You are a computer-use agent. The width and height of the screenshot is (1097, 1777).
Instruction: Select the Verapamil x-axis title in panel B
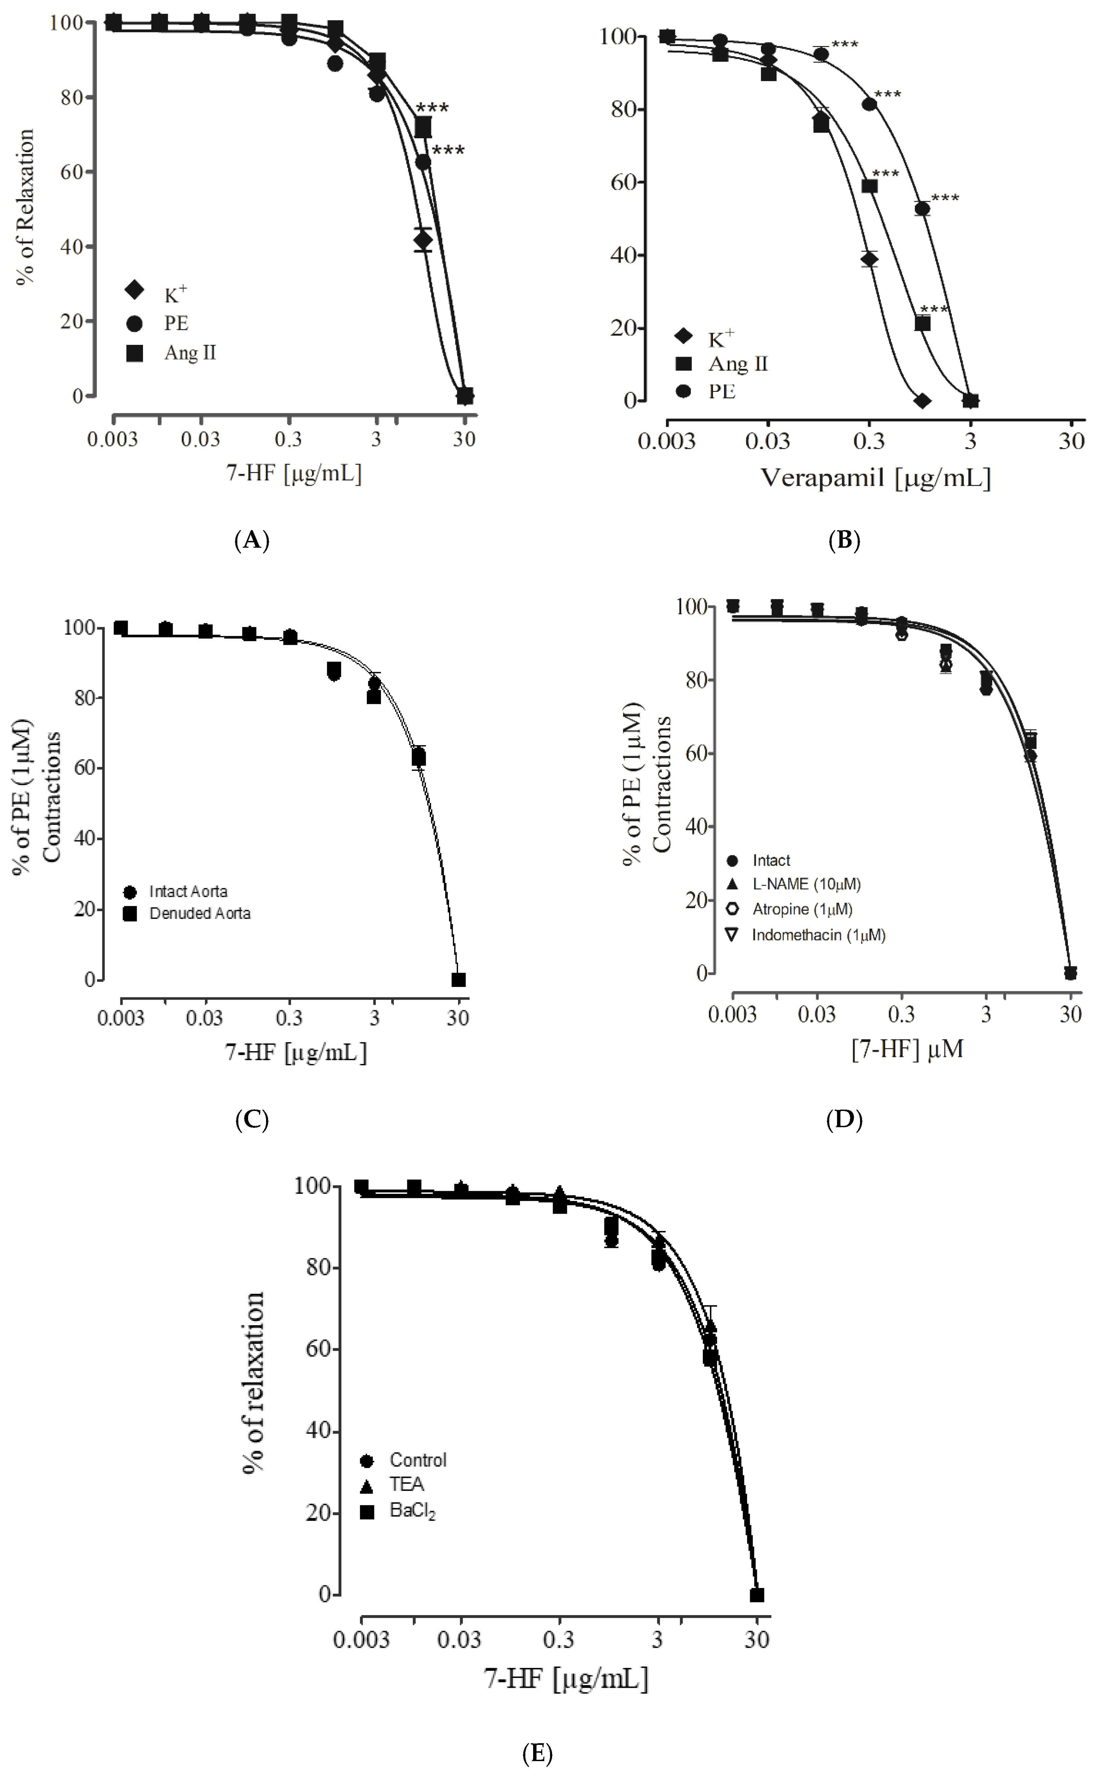875,478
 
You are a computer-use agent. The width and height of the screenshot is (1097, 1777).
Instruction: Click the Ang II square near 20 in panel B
922,324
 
